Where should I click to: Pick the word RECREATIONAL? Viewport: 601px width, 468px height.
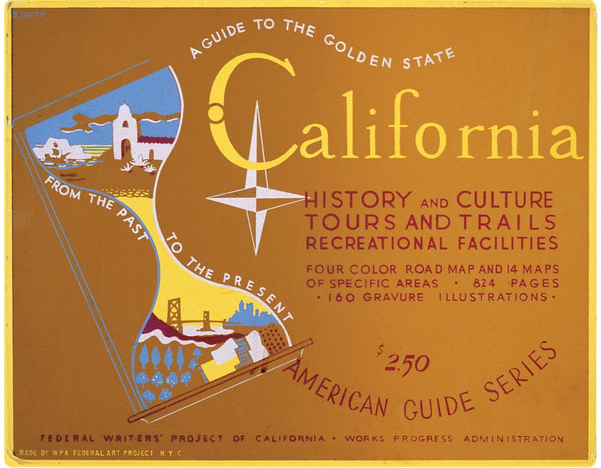point(373,244)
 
